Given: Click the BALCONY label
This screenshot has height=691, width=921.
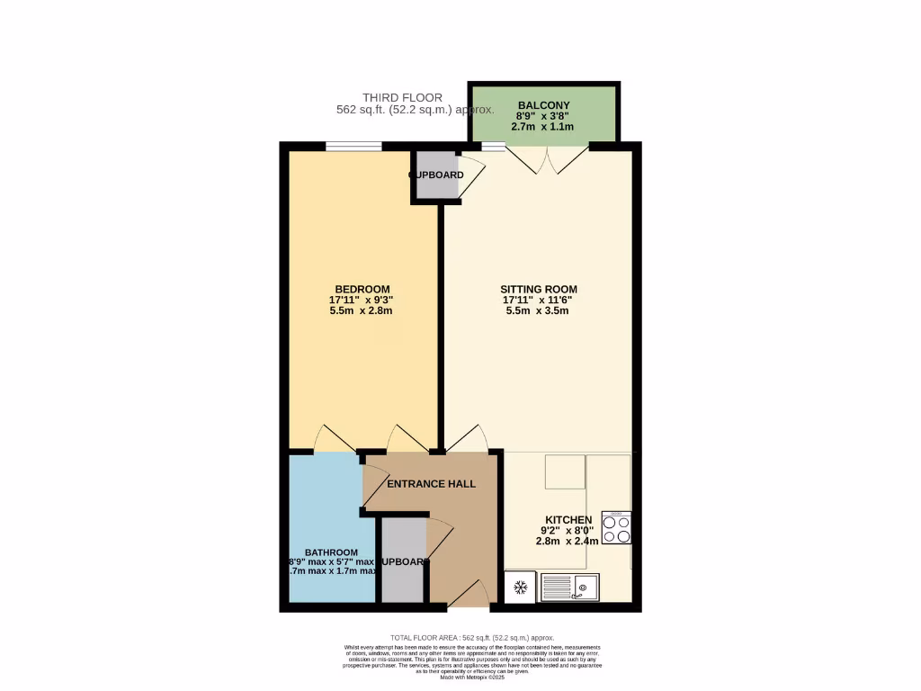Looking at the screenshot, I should [x=543, y=104].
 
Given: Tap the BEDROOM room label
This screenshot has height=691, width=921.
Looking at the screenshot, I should [x=362, y=289].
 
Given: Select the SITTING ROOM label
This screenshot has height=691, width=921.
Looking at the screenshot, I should [x=539, y=289].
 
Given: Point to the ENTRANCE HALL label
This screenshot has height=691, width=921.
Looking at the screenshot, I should [x=431, y=484].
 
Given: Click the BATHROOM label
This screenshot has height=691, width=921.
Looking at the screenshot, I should [x=332, y=552].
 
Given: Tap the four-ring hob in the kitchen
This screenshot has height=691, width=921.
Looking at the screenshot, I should [x=616, y=528].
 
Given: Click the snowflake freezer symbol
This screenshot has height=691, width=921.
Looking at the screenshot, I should [x=520, y=589].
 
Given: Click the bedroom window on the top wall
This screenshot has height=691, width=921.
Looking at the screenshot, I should [x=353, y=146].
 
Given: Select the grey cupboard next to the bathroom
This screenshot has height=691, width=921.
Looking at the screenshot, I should [x=402, y=562].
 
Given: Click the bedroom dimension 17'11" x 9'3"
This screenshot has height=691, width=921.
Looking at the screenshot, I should [x=362, y=300].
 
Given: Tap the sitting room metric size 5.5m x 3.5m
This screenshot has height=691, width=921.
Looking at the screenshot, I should [x=539, y=310].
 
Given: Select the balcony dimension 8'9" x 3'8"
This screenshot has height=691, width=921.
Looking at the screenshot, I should [x=543, y=116].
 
